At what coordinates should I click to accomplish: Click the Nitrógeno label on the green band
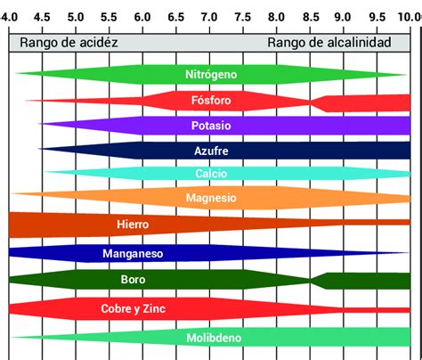point(211,76)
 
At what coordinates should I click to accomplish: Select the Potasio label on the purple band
point(211,126)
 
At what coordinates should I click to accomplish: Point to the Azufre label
point(211,151)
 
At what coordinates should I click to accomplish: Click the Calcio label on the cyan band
point(211,174)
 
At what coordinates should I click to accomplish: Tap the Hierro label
point(133,225)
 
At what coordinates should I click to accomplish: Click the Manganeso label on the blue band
point(134,254)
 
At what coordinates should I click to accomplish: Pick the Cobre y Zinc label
point(133,308)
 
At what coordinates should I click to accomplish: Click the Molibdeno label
point(211,339)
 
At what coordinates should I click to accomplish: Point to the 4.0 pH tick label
point(10,17)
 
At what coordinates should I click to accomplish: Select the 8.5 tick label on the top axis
point(309,17)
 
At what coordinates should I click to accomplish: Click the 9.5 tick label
point(376,17)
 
